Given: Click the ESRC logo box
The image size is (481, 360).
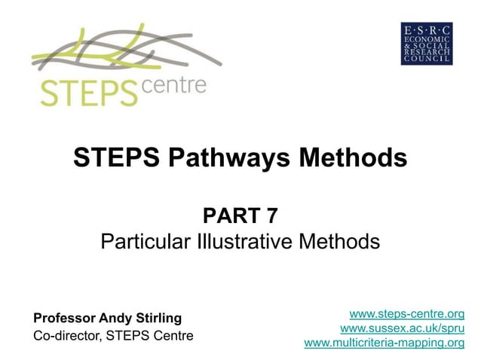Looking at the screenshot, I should (x=427, y=43).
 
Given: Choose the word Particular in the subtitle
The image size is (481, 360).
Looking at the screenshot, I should (x=140, y=243).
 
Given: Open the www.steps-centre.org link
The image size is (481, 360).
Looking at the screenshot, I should (x=407, y=314).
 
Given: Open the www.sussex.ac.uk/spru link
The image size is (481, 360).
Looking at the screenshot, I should (x=402, y=328).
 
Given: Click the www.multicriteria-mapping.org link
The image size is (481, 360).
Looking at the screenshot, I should (x=384, y=343).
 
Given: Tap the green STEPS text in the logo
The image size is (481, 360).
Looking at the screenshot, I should (x=85, y=92).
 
